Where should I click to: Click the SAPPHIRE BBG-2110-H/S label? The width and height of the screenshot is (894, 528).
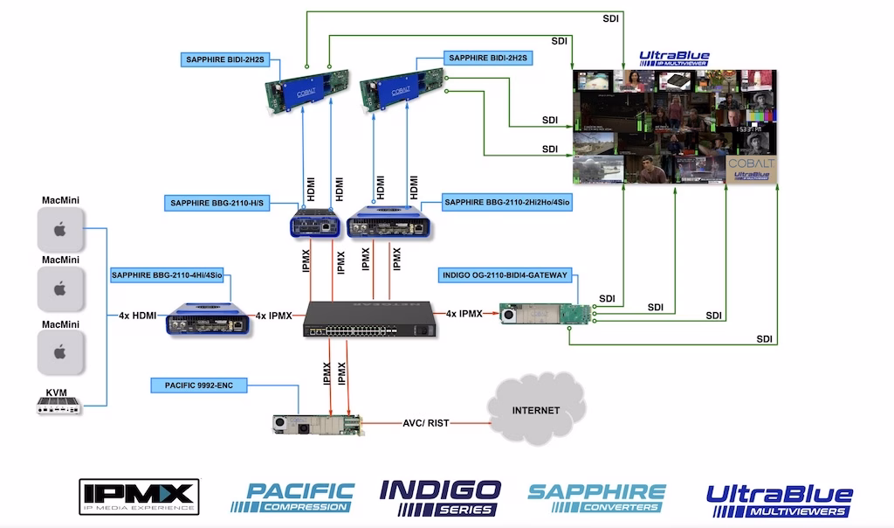tap(218, 204)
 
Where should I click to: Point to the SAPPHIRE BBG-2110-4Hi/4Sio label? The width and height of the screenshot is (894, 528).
tap(168, 275)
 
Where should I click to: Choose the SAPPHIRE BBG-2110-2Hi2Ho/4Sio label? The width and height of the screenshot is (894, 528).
tap(506, 204)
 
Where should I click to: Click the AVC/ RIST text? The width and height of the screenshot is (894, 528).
tap(425, 421)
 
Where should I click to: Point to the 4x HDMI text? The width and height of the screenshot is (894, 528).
tap(136, 315)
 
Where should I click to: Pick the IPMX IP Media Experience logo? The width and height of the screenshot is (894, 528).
tap(139, 496)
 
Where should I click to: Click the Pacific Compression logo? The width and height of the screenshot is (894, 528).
tap(292, 497)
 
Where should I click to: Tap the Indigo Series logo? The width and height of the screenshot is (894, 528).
tap(440, 497)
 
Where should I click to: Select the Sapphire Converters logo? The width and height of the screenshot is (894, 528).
tap(597, 497)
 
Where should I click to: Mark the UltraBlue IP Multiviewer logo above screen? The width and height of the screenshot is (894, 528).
tap(674, 59)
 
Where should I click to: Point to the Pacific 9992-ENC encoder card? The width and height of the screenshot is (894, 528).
tap(316, 425)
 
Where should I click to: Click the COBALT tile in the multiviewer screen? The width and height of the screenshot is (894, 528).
tap(750, 170)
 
